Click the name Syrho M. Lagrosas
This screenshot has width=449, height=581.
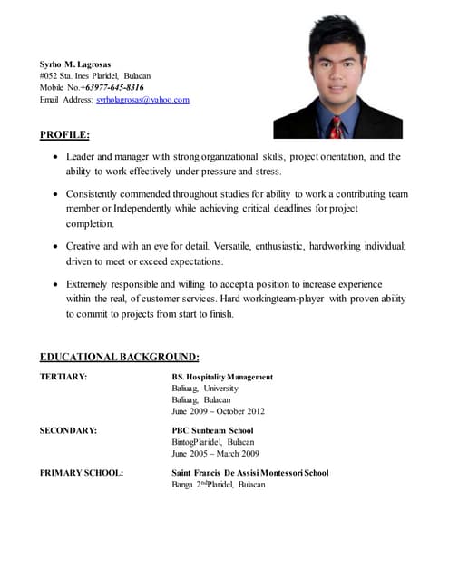(74, 64)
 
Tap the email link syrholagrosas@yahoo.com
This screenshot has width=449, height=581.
(142, 100)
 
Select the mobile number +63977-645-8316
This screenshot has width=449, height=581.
(112, 88)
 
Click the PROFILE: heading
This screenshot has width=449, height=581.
(64, 135)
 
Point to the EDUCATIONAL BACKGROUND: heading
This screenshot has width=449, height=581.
(120, 357)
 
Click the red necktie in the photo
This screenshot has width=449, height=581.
(337, 128)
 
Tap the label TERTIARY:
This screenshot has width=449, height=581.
(63, 377)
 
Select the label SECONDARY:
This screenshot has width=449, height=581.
(68, 430)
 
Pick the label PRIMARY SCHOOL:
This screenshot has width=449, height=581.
(82, 473)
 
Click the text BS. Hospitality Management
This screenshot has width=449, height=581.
(222, 377)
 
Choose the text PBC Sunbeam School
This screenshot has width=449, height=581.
(212, 430)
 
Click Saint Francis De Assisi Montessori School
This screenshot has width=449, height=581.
(249, 473)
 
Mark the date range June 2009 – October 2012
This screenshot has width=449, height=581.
(218, 411)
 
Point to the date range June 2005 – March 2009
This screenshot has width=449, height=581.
(215, 453)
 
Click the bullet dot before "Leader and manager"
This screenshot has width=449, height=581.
(56, 157)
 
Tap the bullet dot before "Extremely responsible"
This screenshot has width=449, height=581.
(56, 284)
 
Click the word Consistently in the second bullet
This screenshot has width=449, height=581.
(95, 194)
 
